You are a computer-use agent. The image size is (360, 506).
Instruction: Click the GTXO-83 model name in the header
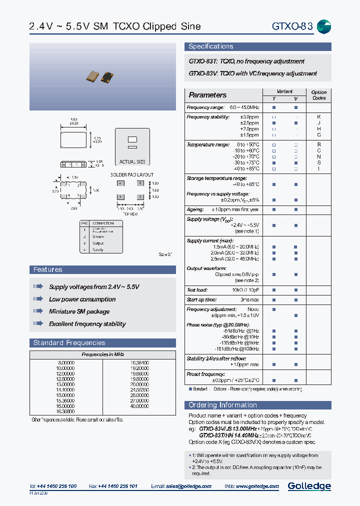tap(292, 26)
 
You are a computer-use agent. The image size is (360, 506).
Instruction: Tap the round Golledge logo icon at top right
tap(324, 26)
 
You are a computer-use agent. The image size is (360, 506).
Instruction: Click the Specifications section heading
tap(210, 46)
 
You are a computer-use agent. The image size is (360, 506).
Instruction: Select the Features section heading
tap(48, 269)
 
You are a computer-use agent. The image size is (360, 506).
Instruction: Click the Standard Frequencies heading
tap(69, 342)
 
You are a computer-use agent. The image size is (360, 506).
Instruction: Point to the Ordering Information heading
tap(222, 405)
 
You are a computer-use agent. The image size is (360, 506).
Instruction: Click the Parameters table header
tap(207, 95)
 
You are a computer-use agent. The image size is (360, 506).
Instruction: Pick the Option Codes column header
tap(318, 95)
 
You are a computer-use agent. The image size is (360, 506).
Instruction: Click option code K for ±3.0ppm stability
tap(319, 117)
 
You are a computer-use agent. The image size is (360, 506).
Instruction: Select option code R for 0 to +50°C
tap(319, 144)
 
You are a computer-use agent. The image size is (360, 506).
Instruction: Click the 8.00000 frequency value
tap(66, 362)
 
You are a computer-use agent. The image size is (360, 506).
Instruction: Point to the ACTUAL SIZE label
tap(132, 162)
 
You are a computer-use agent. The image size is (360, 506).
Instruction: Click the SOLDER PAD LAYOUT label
tap(132, 175)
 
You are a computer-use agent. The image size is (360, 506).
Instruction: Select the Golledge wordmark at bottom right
tap(309, 486)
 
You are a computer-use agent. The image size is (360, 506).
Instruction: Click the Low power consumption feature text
tap(82, 299)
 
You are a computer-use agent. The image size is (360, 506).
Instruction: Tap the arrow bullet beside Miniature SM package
tap(38, 311)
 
